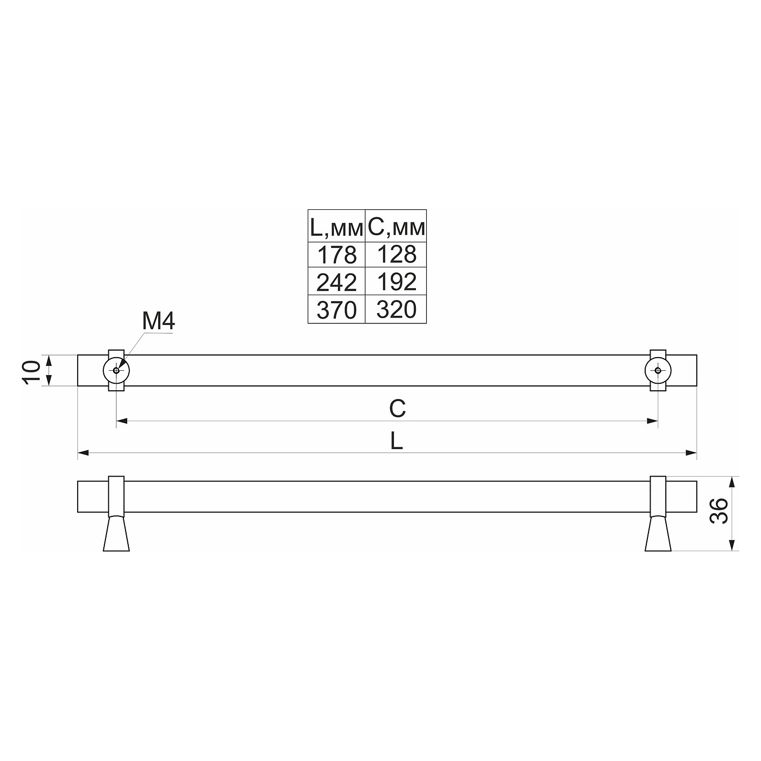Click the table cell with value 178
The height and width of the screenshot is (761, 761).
pos(336,254)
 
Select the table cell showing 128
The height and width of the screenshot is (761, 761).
pos(396,254)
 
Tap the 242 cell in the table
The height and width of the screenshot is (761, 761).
pos(336,281)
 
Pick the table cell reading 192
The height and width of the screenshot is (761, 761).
pos(396,281)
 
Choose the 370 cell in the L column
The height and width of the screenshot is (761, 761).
pos(336,309)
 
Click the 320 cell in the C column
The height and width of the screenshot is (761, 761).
pos(396,309)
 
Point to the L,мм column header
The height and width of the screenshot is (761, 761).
pos(336,227)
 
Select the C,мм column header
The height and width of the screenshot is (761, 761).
pos(396,227)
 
